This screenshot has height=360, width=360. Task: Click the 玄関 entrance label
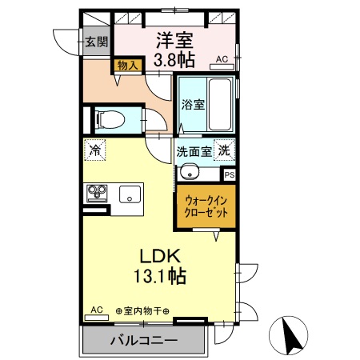(x=97, y=42)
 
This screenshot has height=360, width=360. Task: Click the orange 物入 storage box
(x=128, y=66)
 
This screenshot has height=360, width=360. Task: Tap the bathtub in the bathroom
(x=218, y=107)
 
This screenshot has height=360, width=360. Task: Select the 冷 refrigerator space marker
(x=95, y=149)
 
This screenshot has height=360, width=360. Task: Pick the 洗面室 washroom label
(x=194, y=150)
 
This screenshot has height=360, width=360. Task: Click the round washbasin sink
(x=189, y=170)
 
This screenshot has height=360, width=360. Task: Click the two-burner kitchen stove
(x=98, y=193)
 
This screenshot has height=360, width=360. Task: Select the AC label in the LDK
(x=96, y=310)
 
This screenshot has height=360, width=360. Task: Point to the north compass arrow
(x=291, y=334)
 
